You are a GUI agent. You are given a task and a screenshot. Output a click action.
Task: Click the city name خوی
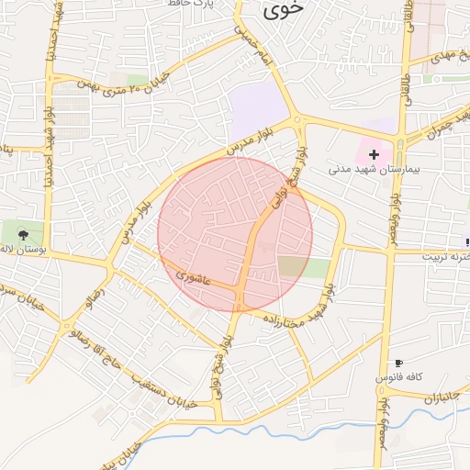[280, 11]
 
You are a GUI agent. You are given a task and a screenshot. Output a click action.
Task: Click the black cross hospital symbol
[374, 155]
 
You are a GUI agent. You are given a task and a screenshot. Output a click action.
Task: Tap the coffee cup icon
[398, 364]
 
